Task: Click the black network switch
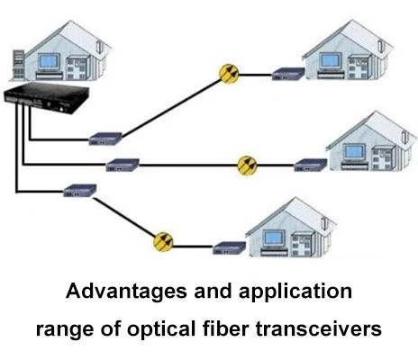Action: pos(46,98)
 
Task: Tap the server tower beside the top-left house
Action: pos(18,66)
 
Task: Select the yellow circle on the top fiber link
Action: pos(229,74)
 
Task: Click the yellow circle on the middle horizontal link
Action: pos(247,166)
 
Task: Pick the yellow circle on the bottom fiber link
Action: pos(163,242)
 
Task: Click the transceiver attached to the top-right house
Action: pos(288,74)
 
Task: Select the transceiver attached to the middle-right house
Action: pos(311,166)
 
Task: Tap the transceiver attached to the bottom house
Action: pos(230,248)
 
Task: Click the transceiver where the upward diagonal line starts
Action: pos(105,139)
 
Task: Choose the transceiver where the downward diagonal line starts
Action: pos(80,191)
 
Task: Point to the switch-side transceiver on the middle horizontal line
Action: pos(123,165)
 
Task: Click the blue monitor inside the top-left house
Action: pos(50,62)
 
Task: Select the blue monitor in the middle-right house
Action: pos(355,152)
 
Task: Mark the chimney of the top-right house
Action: pos(382,46)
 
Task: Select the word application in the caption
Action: pos(295,292)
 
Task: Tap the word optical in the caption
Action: pos(161,329)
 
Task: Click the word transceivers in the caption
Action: pos(319,328)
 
